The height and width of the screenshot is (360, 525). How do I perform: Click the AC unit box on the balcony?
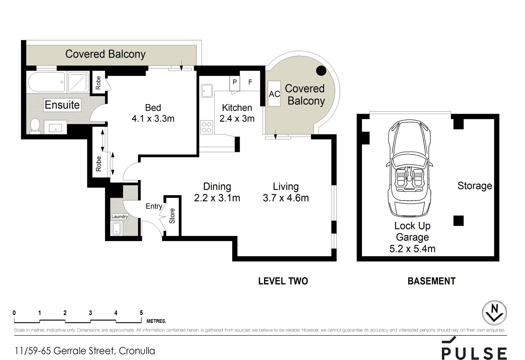tap(274, 94)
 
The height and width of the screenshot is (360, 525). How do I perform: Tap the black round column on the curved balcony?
tap(321, 70)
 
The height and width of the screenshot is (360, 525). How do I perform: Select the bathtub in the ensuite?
tap(47, 82)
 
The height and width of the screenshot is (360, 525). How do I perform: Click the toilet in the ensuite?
tap(35, 126)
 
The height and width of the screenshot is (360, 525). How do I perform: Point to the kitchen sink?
tap(207, 90)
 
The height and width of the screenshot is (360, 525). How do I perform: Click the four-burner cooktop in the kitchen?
tap(206, 127)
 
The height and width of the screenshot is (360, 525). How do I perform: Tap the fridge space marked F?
tap(250, 81)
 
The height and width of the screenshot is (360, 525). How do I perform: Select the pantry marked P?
tap(235, 82)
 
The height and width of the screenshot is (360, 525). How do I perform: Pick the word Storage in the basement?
tap(474, 186)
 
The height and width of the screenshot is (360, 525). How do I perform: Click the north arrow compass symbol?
tap(494, 313)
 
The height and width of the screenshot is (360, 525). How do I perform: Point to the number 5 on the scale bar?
tap(141, 313)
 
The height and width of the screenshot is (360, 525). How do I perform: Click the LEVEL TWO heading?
tap(283, 281)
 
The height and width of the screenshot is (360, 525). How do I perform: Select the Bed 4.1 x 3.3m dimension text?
tap(153, 118)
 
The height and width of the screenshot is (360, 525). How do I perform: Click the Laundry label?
tap(119, 217)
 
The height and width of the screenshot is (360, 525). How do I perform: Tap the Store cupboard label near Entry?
tap(172, 216)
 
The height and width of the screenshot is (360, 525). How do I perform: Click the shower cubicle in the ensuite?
tap(78, 82)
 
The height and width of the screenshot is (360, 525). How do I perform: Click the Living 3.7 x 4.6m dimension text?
tap(286, 198)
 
